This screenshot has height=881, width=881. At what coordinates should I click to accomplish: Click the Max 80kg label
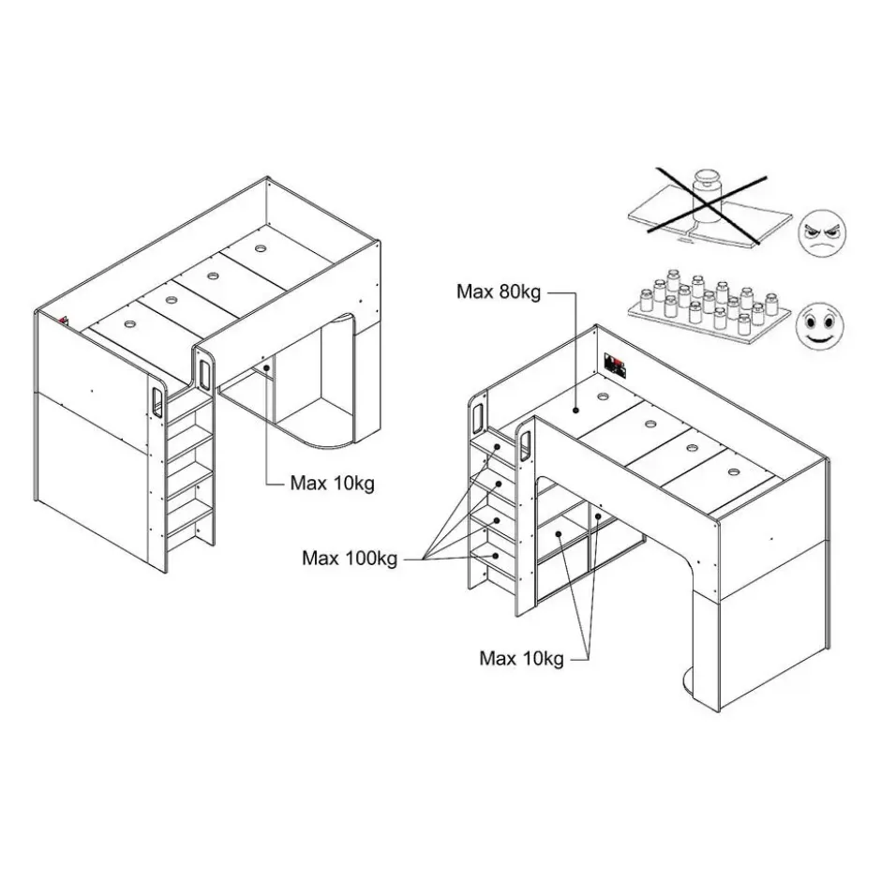(499, 291)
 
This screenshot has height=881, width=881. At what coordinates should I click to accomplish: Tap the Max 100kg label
(350, 558)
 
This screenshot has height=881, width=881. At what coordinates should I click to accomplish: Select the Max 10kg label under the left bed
(332, 483)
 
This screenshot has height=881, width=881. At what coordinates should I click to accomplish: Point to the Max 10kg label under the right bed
(521, 658)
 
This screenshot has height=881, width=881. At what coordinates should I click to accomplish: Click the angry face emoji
(822, 233)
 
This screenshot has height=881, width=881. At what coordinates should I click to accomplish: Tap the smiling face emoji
(820, 326)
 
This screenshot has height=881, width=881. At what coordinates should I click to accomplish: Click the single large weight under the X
(707, 196)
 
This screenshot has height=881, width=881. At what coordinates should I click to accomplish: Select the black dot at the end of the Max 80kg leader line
(575, 411)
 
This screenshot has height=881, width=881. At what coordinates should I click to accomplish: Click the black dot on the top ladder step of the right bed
(498, 447)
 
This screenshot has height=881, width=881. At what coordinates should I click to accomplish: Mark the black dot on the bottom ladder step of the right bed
(496, 556)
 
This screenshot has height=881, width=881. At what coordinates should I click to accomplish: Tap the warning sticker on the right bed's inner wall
(615, 365)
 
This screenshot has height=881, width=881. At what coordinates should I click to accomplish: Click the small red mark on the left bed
(64, 321)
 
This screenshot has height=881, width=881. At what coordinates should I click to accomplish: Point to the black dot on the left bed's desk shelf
(266, 368)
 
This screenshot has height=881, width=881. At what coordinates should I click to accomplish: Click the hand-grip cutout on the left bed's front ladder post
(157, 402)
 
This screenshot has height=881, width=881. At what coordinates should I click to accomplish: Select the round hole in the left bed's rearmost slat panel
(261, 247)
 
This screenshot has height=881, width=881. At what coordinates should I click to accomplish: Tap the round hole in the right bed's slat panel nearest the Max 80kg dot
(604, 396)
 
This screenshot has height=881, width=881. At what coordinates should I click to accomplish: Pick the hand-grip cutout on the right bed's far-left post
(478, 415)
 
